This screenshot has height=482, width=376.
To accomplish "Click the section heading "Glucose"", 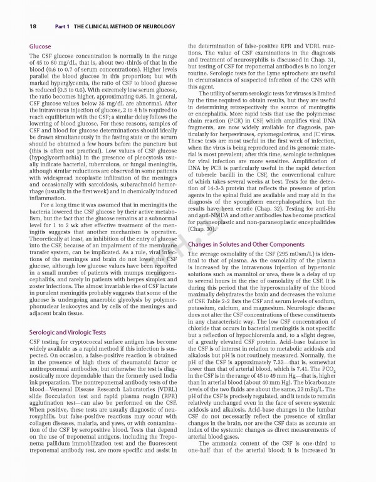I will tap(41, 47).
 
